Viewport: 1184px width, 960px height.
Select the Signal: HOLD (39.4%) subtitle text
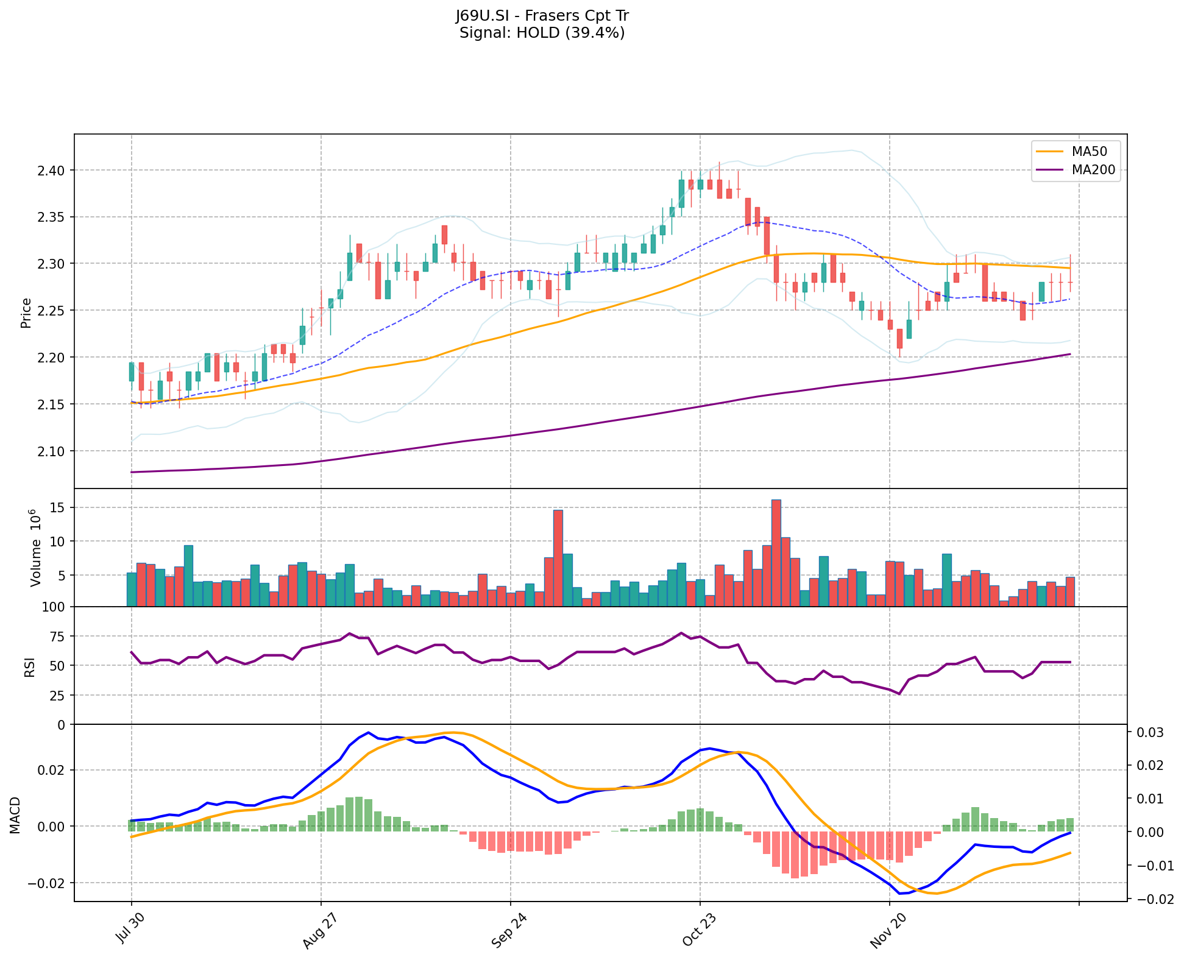click(x=542, y=33)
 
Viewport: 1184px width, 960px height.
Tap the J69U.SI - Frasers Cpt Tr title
click(x=542, y=16)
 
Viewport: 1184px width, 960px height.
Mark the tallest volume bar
click(x=776, y=552)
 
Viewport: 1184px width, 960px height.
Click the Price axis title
click(x=26, y=312)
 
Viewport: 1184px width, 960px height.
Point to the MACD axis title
click(x=15, y=815)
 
